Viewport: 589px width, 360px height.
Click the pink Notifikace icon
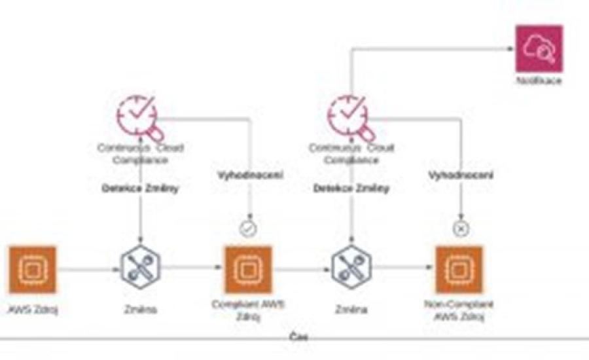[x=539, y=48]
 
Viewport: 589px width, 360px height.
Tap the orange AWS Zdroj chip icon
[x=33, y=269]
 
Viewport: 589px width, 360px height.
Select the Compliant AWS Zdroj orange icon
[x=248, y=269]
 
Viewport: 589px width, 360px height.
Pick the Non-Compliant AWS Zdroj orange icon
[x=459, y=269]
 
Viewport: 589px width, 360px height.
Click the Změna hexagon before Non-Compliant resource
[x=352, y=269]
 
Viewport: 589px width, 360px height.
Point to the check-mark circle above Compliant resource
[x=248, y=229]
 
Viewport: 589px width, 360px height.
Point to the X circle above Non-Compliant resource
[x=461, y=229]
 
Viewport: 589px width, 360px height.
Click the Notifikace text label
[x=539, y=82]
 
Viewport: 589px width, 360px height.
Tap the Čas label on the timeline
[x=299, y=338]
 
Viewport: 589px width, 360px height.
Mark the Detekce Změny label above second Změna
[x=351, y=189]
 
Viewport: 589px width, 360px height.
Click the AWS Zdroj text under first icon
[x=33, y=310]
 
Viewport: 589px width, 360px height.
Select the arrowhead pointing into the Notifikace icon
[x=511, y=48]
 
